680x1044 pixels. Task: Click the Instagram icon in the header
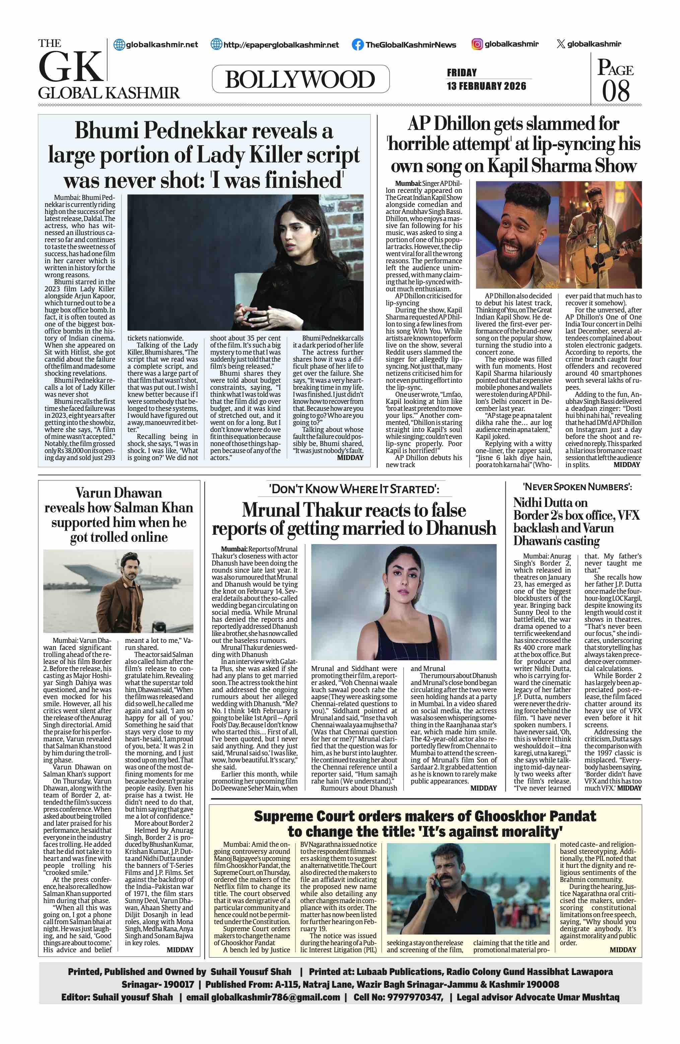point(477,44)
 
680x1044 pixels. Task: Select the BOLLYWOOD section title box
point(300,79)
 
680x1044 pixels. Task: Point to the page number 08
point(615,91)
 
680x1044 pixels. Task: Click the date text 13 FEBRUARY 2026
point(486,86)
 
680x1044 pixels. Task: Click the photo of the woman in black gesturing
point(245,262)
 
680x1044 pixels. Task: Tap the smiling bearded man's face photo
point(519,235)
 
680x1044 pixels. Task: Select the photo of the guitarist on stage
point(604,235)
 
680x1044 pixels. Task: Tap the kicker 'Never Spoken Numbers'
point(577,487)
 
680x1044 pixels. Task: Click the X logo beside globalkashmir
point(560,44)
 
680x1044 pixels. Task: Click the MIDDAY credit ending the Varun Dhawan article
point(180,950)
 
